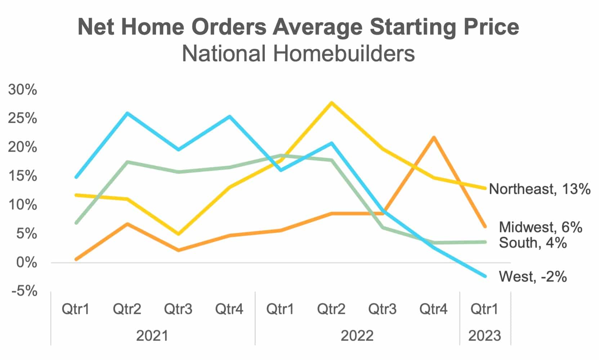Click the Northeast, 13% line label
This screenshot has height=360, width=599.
point(539,189)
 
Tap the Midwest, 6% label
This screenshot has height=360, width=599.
point(540,227)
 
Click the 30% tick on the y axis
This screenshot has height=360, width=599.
point(22,90)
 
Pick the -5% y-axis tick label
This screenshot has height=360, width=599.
point(24,291)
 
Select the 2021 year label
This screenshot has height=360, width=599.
point(152,335)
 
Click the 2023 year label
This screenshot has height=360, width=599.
point(484,335)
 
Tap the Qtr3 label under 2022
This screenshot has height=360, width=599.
point(382,309)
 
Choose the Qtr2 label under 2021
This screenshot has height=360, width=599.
point(127,309)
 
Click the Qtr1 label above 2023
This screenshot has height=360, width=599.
point(484,309)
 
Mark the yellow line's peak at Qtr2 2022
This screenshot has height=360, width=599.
point(331,103)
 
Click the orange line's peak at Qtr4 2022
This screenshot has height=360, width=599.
point(434,137)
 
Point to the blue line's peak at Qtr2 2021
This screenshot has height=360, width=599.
point(127,113)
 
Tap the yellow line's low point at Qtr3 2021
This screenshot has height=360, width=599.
point(178,234)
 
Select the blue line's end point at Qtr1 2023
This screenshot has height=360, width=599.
point(485,276)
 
